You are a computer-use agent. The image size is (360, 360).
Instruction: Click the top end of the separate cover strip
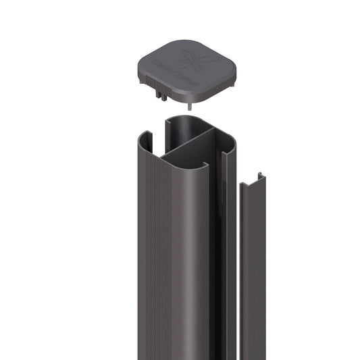point(253,177)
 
